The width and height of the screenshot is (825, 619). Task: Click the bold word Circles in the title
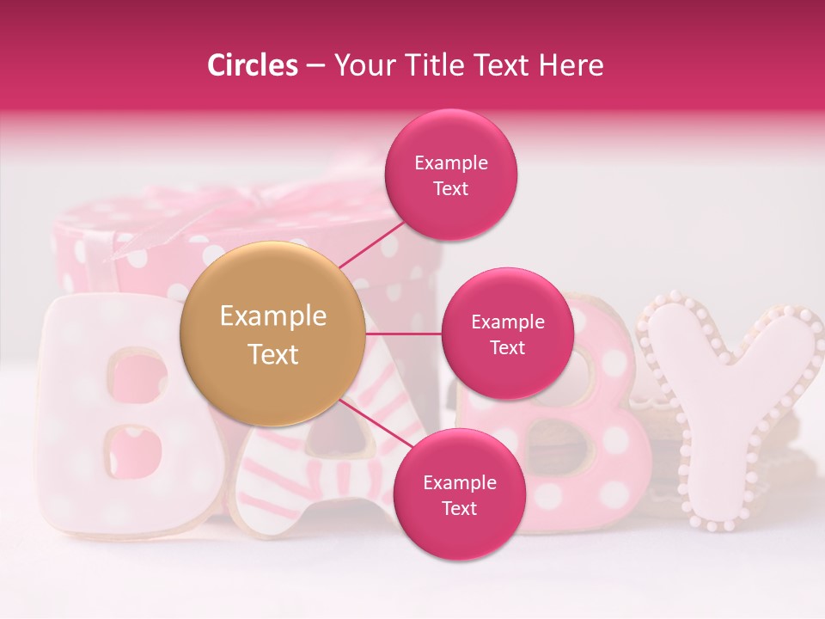[x=252, y=65]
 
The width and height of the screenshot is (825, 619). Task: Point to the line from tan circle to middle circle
[x=404, y=333]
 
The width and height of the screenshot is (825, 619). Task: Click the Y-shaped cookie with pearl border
[x=730, y=404]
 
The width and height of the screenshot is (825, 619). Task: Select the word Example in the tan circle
[x=273, y=316]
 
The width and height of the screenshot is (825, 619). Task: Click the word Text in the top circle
[x=450, y=189]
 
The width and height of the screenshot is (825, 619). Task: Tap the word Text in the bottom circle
[x=459, y=509]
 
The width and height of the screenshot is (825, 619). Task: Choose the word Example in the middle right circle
[x=507, y=322]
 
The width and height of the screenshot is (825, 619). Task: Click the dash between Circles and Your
[x=315, y=65]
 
